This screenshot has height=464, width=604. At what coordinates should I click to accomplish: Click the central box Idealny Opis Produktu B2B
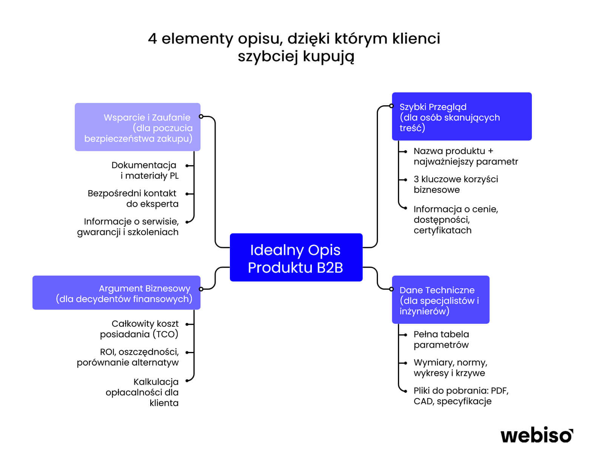point(296,258)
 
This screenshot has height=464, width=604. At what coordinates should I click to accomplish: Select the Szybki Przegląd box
point(461,117)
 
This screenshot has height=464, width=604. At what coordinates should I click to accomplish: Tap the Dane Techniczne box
point(440,300)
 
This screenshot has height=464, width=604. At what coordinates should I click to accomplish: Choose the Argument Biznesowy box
point(116,293)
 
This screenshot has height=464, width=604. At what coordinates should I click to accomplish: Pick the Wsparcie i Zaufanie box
point(137,128)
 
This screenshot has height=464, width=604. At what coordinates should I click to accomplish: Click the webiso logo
point(536,435)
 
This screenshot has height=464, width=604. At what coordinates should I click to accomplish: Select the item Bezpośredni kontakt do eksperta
point(133,198)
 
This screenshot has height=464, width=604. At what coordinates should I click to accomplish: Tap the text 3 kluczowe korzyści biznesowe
point(455,184)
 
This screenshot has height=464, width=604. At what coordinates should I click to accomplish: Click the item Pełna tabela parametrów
point(441,339)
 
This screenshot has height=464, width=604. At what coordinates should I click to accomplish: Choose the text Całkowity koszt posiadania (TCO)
point(140,329)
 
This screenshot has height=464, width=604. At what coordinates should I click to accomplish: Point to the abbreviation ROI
point(107,352)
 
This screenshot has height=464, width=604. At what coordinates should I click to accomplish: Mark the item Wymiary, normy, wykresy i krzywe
point(450,367)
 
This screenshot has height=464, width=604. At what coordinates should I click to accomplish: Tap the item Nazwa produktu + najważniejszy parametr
point(465,156)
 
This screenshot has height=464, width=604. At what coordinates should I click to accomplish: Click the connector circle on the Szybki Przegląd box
point(391,106)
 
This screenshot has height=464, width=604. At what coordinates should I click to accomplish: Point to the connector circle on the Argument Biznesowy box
point(201,289)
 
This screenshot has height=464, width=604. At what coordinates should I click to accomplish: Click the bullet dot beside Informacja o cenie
point(405,208)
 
